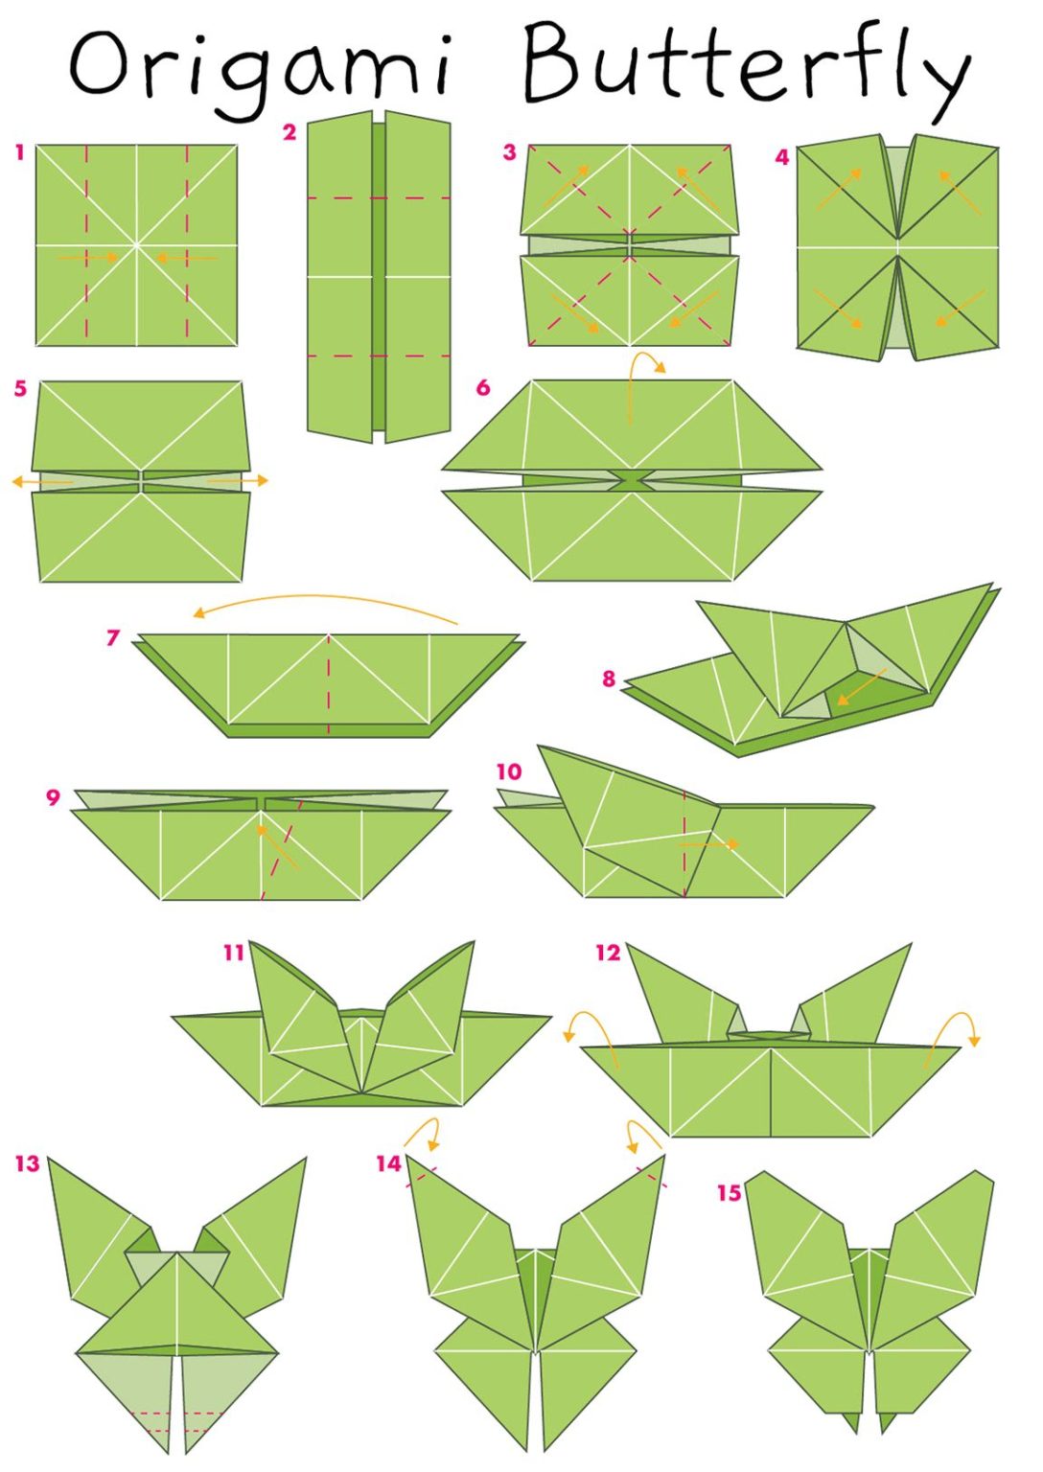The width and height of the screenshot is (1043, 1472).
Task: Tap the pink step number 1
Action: [x=19, y=151]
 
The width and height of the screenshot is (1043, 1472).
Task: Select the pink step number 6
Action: [x=483, y=387]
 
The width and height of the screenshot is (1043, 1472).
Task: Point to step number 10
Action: [x=509, y=771]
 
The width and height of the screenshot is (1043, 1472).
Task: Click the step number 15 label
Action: [x=730, y=1192]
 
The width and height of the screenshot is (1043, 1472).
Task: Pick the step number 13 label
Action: [x=27, y=1163]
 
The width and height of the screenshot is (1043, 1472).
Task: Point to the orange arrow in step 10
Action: [x=710, y=844]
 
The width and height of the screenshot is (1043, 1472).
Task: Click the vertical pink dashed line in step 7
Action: [x=329, y=682]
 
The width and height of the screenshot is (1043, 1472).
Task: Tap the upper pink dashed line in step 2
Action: [x=379, y=198]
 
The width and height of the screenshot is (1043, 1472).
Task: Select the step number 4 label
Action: [x=782, y=157]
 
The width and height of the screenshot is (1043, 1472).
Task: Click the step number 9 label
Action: [x=53, y=797]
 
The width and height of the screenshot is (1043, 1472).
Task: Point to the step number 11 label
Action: [x=234, y=953]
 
